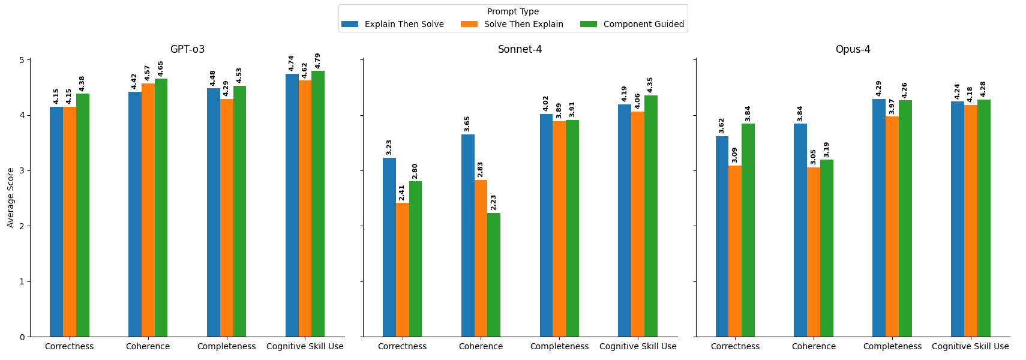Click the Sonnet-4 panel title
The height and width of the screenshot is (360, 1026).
pos(520,50)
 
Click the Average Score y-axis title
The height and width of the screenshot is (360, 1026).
pos(11,197)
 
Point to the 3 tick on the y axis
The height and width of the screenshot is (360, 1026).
pos(22,171)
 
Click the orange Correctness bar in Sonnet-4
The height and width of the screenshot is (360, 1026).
pos(402,269)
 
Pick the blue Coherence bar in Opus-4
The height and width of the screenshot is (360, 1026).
pos(800,230)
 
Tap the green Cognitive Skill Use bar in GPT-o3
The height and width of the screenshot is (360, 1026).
pos(318,204)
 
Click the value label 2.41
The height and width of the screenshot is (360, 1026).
pos(402,193)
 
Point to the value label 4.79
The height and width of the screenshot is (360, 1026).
pos(318,61)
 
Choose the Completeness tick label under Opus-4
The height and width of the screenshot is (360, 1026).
pos(892,347)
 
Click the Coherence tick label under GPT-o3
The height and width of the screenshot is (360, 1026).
pos(148,347)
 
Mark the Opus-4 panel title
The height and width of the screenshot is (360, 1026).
pos(853,50)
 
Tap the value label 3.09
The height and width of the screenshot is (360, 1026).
pos(735,155)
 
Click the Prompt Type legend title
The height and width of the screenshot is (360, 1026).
pos(512,12)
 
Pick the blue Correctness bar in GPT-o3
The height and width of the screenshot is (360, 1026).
pos(56,222)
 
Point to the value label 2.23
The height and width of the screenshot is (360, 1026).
pos(494,202)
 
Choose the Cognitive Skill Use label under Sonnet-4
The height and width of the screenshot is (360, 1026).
pos(638,347)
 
